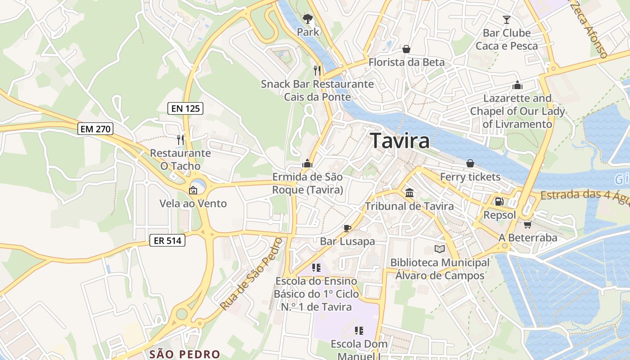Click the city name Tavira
pyautogui.click(x=400, y=141)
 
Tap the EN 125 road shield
pyautogui.click(x=185, y=108)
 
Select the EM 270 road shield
pyautogui.click(x=95, y=129)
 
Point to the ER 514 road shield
pyautogui.click(x=167, y=241)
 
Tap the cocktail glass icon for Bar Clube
pyautogui.click(x=507, y=20)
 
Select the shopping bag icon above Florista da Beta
pyautogui.click(x=406, y=49)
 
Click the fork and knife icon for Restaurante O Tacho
pyautogui.click(x=180, y=139)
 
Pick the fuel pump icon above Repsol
pyautogui.click(x=499, y=202)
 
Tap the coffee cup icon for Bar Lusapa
pyautogui.click(x=347, y=228)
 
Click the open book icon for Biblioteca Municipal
pyautogui.click(x=439, y=249)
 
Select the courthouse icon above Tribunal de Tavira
pyautogui.click(x=409, y=193)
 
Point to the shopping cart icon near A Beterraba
pyautogui.click(x=527, y=224)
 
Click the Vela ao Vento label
pyautogui.click(x=193, y=203)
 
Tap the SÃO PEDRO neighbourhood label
pyautogui.click(x=184, y=354)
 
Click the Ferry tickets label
pyautogui.click(x=470, y=177)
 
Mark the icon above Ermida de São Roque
pyautogui.click(x=307, y=163)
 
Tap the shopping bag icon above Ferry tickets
pyautogui.click(x=470, y=163)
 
